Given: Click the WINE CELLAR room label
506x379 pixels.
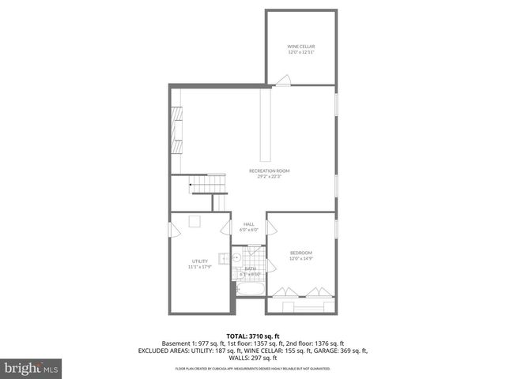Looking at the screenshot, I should click(300, 47).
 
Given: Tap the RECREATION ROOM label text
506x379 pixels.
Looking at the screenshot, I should click(269, 171).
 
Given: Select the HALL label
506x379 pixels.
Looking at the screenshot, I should click(249, 223).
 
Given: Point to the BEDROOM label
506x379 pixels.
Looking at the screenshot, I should click(300, 253).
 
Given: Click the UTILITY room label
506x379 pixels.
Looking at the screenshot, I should click(199, 261).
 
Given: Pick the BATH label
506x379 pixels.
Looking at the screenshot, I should click(250, 268).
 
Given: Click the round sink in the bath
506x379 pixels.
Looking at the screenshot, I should click(236, 257).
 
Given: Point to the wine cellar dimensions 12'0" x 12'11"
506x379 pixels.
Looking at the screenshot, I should click(300, 53).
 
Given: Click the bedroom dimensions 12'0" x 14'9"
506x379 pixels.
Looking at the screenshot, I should click(300, 258).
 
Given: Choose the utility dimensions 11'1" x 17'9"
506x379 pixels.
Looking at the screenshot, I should click(199, 267).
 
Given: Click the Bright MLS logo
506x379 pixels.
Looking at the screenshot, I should click(31, 368).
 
